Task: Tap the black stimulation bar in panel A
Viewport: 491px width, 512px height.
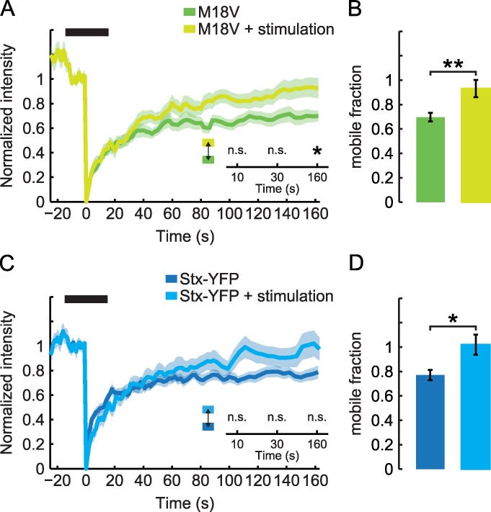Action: click(87, 32)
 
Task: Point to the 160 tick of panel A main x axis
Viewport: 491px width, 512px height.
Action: click(316, 215)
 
